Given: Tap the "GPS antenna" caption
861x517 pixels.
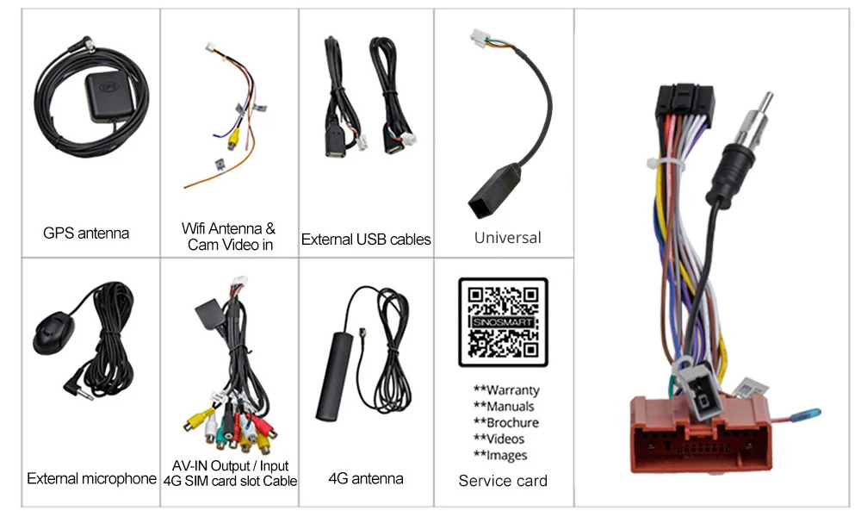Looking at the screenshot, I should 86,233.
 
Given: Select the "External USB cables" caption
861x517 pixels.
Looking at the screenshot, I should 366,240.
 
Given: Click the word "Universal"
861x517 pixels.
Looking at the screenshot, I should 507,237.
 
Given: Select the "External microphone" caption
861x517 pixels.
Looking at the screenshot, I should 91,478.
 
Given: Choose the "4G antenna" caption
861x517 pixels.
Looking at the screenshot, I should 365,478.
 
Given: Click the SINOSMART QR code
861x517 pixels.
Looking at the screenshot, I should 503,322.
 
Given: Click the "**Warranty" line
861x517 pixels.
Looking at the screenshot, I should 506,390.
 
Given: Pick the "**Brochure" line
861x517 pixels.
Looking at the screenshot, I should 506,423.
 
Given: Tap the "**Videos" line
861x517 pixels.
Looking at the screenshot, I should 500,439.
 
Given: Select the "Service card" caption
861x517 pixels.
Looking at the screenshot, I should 503,481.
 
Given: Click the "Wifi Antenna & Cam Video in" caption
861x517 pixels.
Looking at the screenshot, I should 228,237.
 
